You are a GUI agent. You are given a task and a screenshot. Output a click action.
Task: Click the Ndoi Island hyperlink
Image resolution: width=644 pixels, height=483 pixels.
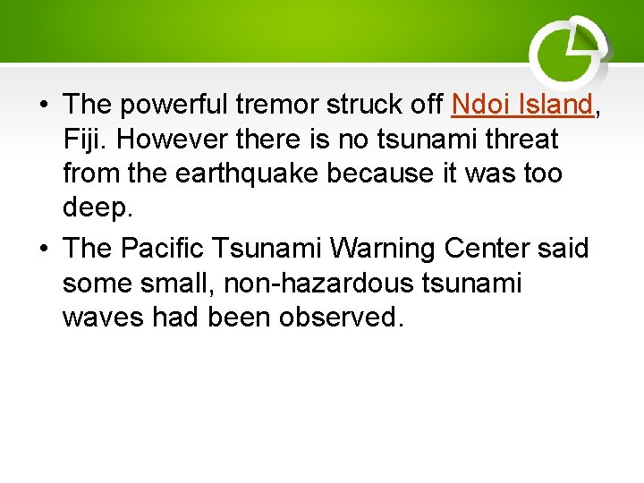pyautogui.click(x=522, y=105)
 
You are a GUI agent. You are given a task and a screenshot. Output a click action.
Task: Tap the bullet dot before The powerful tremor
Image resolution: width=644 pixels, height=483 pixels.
pyautogui.click(x=42, y=106)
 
